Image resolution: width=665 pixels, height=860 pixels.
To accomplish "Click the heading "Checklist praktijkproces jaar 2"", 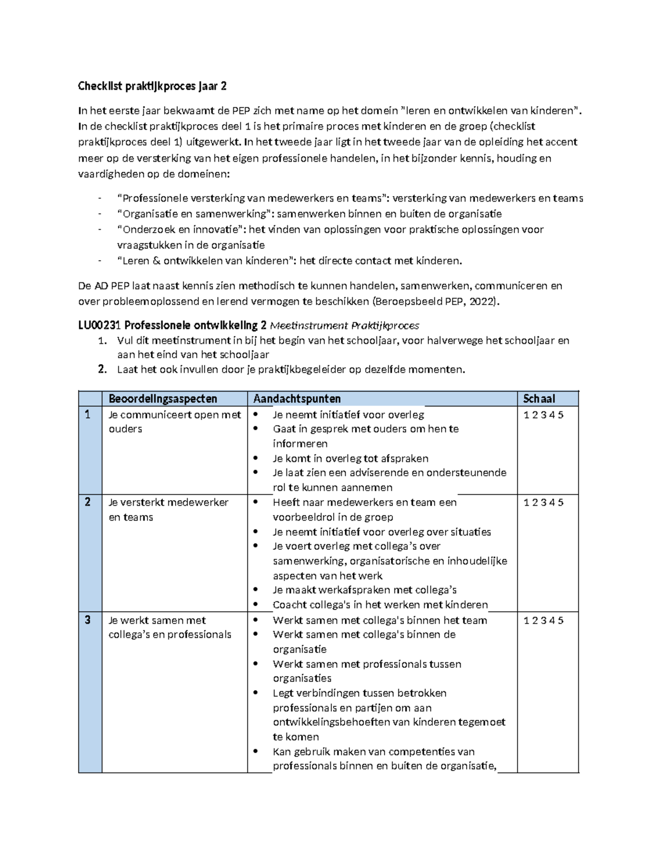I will point(152,86).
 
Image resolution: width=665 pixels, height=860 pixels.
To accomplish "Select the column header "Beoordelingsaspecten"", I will point(163,399).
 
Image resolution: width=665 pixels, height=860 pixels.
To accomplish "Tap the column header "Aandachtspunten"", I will point(296,399).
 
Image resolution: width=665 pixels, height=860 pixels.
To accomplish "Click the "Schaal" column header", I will point(539,399).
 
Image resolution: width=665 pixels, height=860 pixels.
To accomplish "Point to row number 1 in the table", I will point(87,415).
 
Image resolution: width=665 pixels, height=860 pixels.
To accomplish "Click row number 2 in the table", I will point(87,502).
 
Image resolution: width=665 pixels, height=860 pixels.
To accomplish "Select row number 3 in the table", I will point(87,620).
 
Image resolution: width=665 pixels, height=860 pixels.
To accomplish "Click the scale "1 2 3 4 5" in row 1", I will point(543,415).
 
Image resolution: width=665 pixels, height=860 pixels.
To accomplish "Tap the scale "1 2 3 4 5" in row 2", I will point(543,502).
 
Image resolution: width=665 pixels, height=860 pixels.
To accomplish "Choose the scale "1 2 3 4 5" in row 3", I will point(543,620).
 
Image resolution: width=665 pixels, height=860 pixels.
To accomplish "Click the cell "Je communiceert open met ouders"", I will point(174,421).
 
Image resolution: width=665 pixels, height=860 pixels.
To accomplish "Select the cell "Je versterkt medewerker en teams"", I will point(168,509).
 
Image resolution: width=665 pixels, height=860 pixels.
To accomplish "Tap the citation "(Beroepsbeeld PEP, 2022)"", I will point(436,302).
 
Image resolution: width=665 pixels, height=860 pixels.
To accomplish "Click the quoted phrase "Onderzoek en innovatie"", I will point(182,230).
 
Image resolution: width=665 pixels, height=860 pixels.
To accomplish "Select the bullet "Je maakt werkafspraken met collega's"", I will point(364,590).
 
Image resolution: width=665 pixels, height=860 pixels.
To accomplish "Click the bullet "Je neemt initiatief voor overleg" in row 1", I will point(348,415).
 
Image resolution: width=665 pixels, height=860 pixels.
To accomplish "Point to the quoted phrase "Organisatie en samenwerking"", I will point(195,214).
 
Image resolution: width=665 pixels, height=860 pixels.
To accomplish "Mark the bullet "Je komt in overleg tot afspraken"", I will point(350,459).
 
